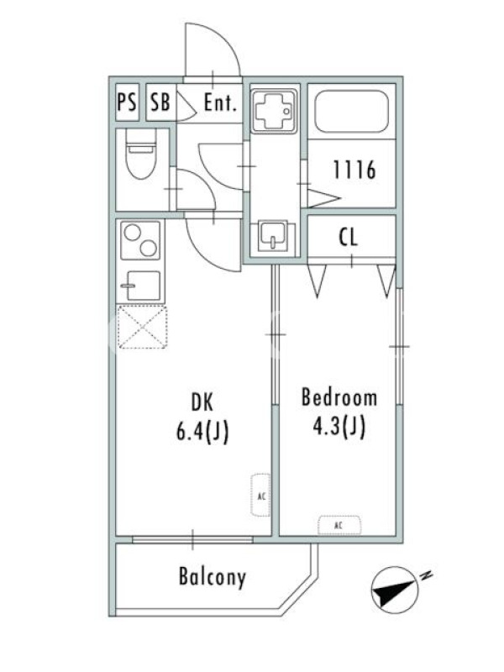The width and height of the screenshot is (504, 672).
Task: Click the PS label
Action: pyautogui.click(x=127, y=102)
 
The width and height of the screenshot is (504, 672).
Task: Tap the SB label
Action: pyautogui.click(x=160, y=102)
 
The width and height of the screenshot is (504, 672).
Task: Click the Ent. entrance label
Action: pyautogui.click(x=220, y=102)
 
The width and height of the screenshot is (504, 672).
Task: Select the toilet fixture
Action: pyautogui.click(x=141, y=154)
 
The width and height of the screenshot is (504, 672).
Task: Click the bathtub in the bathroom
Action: pyautogui.click(x=352, y=111)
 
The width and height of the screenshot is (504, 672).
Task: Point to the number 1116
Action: pyautogui.click(x=354, y=170)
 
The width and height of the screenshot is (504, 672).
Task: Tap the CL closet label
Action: pyautogui.click(x=348, y=238)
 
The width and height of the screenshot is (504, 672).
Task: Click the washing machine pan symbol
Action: pyautogui.click(x=273, y=110)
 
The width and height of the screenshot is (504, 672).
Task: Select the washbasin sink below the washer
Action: pyautogui.click(x=272, y=236)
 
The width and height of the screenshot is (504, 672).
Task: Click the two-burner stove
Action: pyautogui.click(x=140, y=240)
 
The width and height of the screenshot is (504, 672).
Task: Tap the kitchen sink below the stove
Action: pyautogui.click(x=140, y=286)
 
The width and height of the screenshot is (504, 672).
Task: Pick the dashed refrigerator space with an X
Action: pyautogui.click(x=142, y=327)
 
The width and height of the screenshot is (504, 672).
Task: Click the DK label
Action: pyautogui.click(x=202, y=402)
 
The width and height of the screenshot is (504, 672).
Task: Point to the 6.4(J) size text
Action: pyautogui.click(x=202, y=431)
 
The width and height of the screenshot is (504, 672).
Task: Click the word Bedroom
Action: pyautogui.click(x=339, y=396)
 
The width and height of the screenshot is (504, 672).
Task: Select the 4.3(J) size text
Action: pyautogui.click(x=339, y=426)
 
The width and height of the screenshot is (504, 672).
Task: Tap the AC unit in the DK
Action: pyautogui.click(x=260, y=495)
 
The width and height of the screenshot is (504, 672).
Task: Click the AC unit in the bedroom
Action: pyautogui.click(x=339, y=526)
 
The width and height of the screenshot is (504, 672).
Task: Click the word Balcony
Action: pyautogui.click(x=213, y=577)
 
